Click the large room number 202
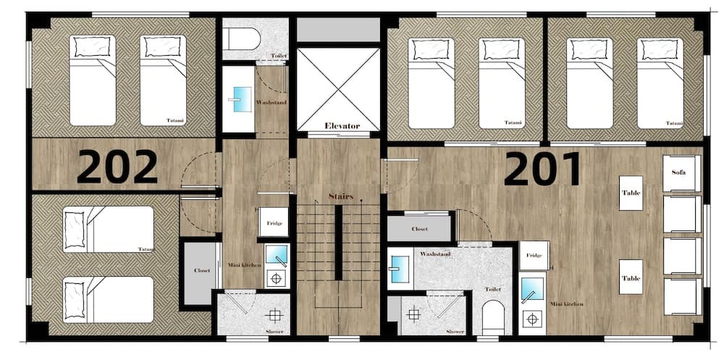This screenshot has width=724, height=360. click(117, 167)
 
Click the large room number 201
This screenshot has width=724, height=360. click(542, 169)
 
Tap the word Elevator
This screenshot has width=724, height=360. click(342, 126)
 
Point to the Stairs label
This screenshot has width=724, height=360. click(341, 196)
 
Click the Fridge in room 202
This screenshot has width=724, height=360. click(274, 222)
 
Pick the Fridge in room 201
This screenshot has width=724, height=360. click(534, 256)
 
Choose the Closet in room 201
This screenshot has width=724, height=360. click(419, 228)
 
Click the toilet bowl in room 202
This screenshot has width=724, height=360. click(242, 39)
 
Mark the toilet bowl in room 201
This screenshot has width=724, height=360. click(493, 317)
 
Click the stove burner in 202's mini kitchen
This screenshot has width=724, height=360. click(276, 279)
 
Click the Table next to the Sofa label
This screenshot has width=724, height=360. click(631, 193)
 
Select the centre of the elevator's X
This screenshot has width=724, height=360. click(338, 88)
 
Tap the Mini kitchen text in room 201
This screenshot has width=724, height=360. click(567, 304)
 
